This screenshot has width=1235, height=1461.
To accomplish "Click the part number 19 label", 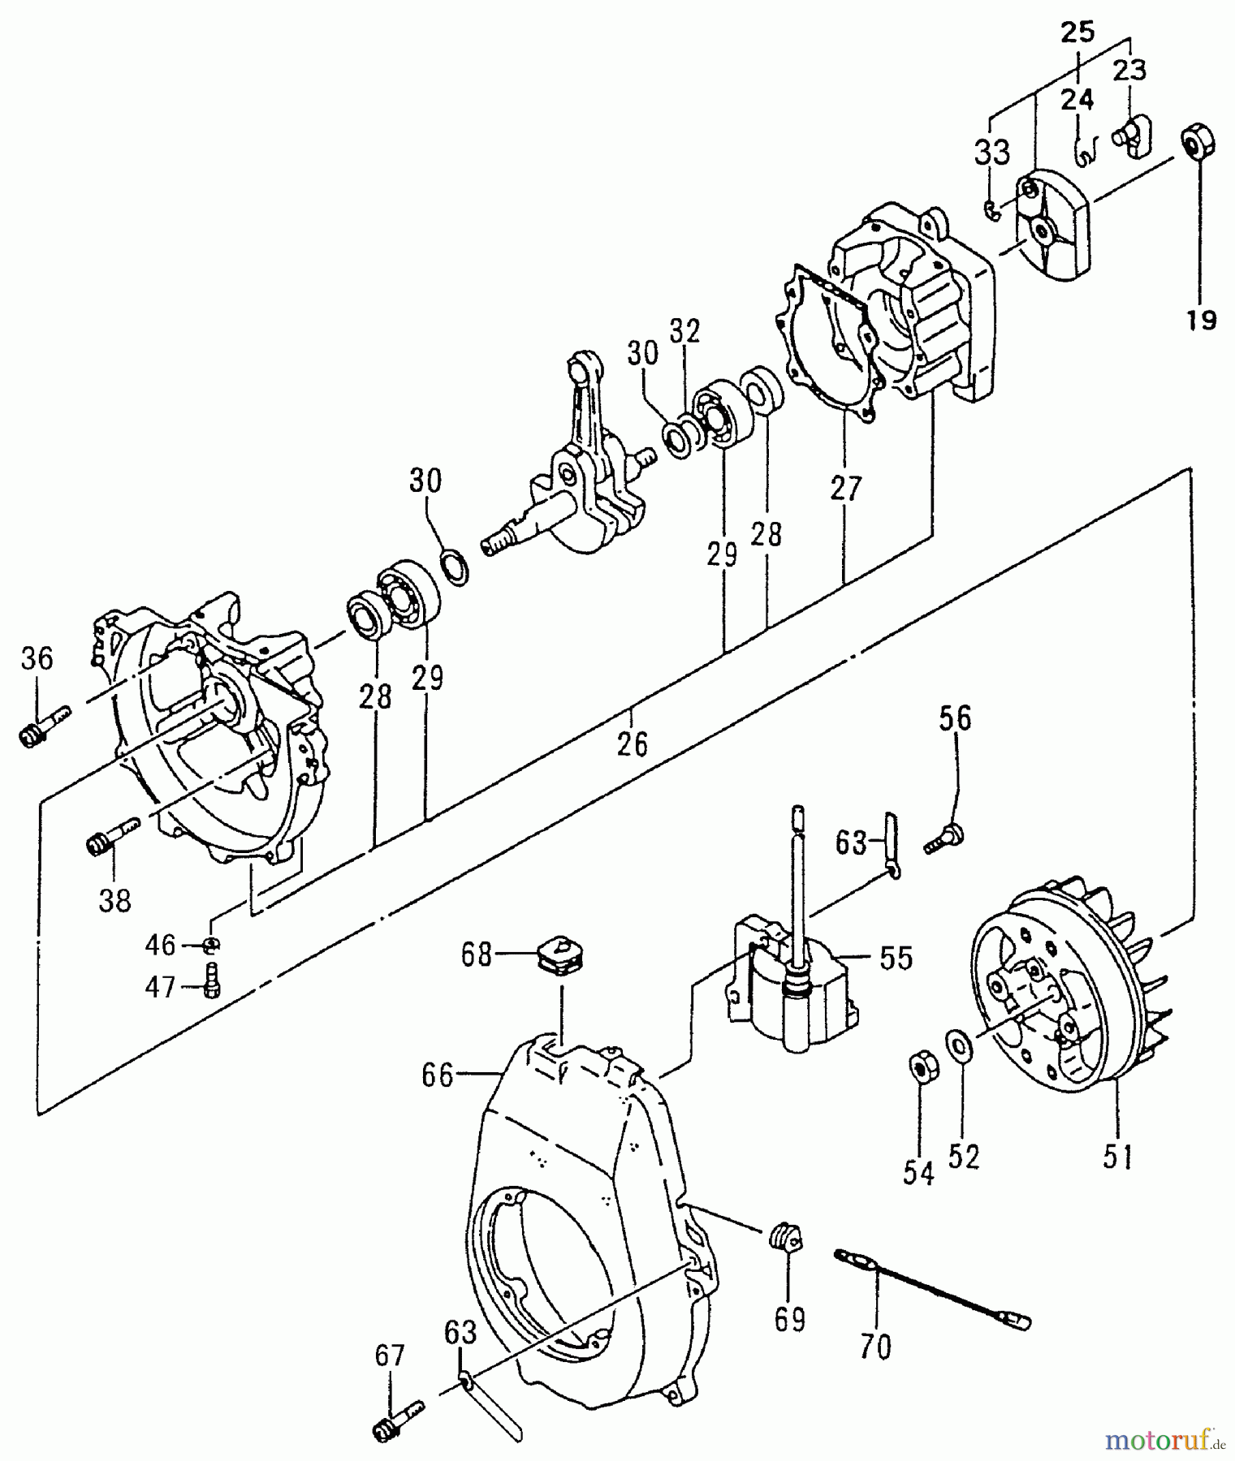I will tap(1201, 321).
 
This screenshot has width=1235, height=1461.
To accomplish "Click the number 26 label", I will tap(633, 743).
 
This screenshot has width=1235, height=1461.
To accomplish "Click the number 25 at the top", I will tap(1077, 33).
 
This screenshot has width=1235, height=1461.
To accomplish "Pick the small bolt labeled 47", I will tap(214, 982).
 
